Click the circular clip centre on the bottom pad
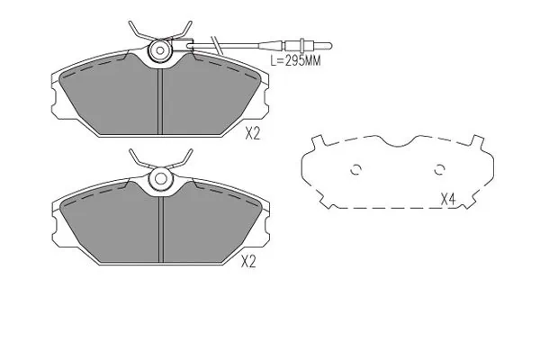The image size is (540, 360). click(x=161, y=178)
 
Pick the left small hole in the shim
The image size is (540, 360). click(x=355, y=168)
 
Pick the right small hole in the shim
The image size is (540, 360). click(x=440, y=168)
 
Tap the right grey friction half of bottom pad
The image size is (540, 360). click(x=211, y=229)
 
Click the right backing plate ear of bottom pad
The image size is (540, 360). click(x=266, y=234)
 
